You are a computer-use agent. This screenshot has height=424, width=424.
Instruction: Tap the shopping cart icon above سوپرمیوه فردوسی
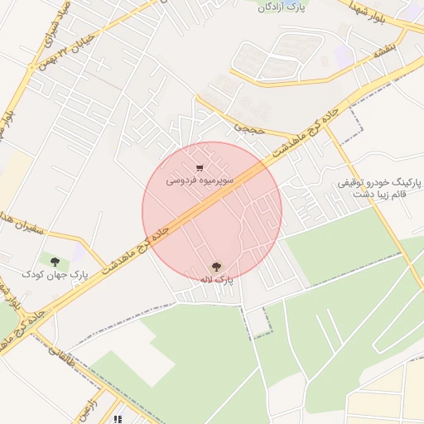coord(200,168)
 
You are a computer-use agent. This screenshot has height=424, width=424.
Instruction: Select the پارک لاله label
coord(216,280)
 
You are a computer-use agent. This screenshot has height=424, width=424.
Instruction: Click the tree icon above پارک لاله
coord(216,267)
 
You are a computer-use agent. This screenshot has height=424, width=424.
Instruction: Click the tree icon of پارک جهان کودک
coord(56,261)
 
